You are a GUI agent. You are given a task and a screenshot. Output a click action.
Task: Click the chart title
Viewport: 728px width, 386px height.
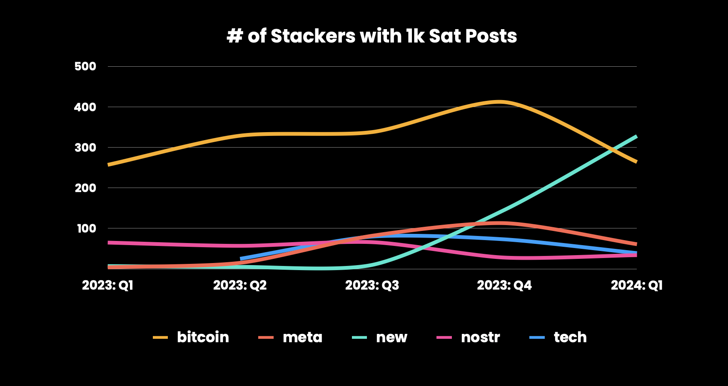[x=372, y=36]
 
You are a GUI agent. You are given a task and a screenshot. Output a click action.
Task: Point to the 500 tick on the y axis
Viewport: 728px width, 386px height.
[x=85, y=66]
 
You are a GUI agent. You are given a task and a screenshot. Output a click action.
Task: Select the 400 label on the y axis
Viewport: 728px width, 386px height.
[x=85, y=107]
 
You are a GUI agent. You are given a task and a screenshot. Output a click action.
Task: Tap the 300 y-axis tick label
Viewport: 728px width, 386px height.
[x=85, y=148]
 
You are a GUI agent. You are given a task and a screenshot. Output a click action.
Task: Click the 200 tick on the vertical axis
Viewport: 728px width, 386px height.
[x=85, y=188]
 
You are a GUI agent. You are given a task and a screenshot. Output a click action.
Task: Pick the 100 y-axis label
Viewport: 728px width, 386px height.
[x=86, y=228]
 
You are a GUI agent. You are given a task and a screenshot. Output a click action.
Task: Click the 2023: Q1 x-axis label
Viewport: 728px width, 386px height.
[x=108, y=285]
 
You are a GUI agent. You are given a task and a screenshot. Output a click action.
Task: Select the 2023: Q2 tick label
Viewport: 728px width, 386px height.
[x=240, y=285]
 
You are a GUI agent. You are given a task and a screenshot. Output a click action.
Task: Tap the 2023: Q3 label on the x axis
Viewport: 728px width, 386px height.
[x=372, y=285]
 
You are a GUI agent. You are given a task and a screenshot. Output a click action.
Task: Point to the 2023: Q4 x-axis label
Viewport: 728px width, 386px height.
[x=504, y=285]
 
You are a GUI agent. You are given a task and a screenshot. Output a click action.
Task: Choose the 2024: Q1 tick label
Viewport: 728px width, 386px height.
[x=636, y=285]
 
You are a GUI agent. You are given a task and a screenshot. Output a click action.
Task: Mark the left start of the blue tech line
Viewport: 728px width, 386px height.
[x=241, y=259]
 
